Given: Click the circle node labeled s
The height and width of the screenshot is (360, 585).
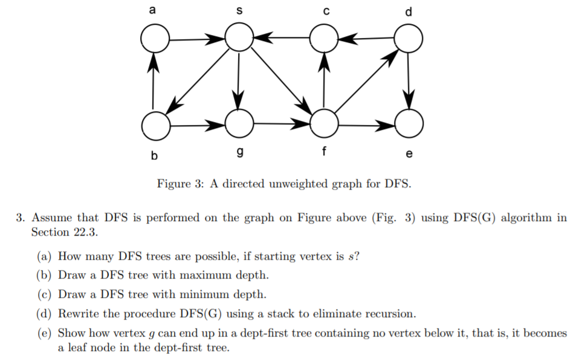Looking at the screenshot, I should (x=239, y=37).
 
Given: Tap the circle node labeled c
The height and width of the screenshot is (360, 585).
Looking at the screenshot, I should (x=325, y=39).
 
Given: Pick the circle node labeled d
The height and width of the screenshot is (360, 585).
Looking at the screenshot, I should (x=409, y=39).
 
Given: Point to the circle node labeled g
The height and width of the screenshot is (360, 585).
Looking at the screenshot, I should (x=239, y=124).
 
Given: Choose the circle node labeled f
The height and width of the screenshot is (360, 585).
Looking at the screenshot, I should (x=325, y=124).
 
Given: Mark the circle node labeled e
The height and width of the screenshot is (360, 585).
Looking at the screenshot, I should (x=409, y=125).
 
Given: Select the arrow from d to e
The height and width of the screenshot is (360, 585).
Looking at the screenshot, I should (x=410, y=82).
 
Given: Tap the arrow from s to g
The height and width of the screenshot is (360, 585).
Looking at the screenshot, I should (x=239, y=81).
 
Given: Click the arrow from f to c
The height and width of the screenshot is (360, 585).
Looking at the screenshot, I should (x=325, y=82).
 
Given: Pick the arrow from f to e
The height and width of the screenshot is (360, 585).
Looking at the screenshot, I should (x=367, y=125).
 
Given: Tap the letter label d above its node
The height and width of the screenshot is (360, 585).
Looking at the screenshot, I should (x=410, y=11).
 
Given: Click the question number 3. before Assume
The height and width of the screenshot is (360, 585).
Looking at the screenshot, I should (x=21, y=217).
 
